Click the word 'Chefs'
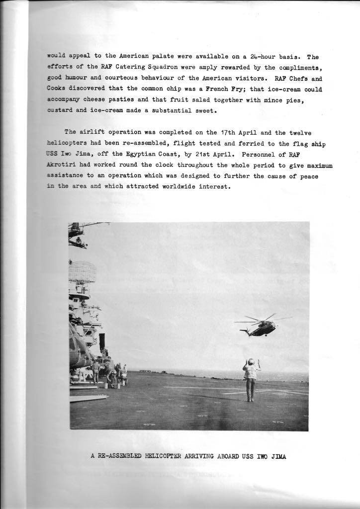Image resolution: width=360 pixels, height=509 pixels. pyautogui.click(x=297, y=78)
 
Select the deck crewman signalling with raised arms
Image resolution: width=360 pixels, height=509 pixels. pyautogui.click(x=251, y=378)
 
